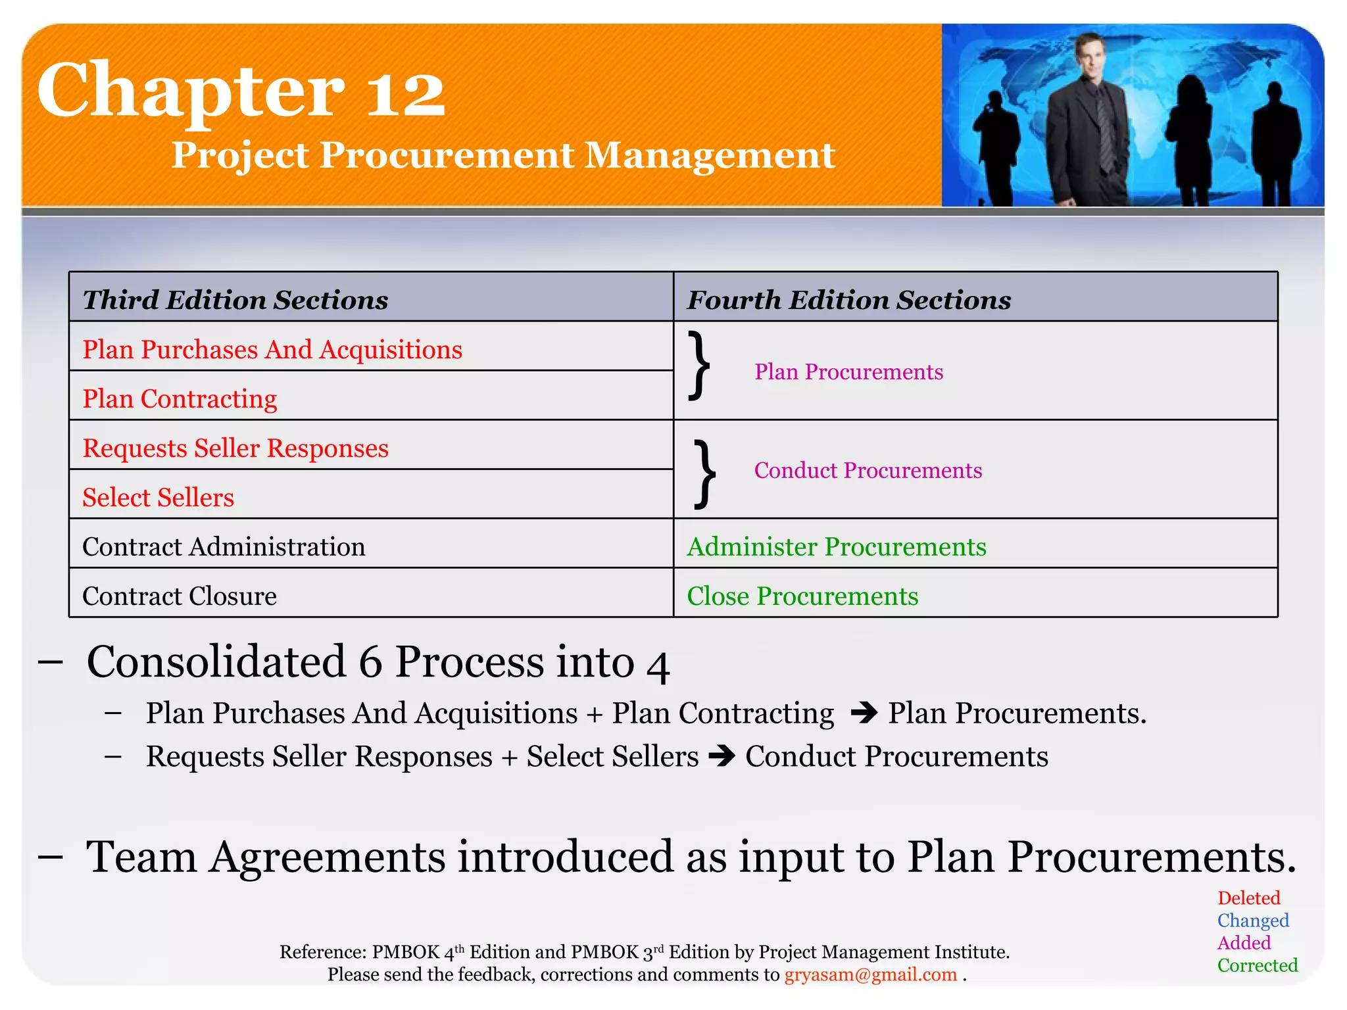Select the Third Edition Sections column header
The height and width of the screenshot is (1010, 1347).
click(x=235, y=300)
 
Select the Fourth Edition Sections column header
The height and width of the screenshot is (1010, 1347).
click(x=848, y=300)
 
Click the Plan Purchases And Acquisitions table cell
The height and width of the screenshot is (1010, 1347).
click(x=272, y=349)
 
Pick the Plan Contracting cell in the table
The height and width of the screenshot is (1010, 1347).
click(x=180, y=398)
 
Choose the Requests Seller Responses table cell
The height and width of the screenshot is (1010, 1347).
click(x=235, y=448)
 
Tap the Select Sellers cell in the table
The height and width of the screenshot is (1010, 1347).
click(x=158, y=497)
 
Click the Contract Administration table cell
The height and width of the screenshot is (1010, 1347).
click(x=224, y=546)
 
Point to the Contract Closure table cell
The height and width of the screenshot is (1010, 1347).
click(x=180, y=596)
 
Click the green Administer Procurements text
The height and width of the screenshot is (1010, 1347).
click(x=837, y=546)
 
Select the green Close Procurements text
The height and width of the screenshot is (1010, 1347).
click(x=802, y=596)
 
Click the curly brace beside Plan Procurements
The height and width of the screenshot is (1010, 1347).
click(x=699, y=366)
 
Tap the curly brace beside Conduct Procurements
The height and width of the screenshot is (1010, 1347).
click(x=704, y=474)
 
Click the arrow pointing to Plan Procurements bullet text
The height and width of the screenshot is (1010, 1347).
click(x=864, y=713)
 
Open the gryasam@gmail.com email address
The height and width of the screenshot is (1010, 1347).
click(x=870, y=974)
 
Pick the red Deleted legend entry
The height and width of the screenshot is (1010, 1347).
click(x=1248, y=898)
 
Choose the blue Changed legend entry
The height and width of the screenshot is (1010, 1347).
click(x=1252, y=921)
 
